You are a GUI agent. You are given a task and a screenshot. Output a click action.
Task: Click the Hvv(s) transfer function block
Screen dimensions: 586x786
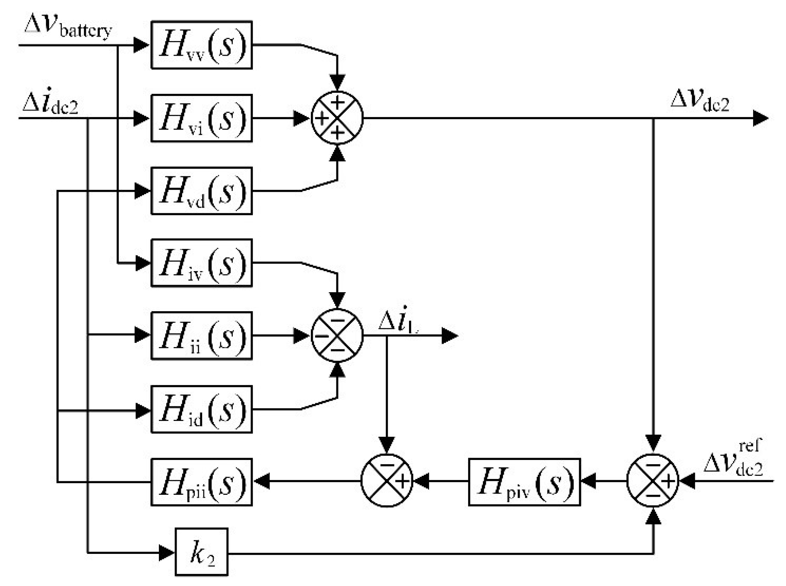point(201,45)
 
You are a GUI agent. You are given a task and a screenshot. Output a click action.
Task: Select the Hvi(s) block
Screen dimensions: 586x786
point(201,118)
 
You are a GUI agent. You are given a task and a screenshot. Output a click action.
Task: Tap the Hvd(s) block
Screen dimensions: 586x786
point(201,191)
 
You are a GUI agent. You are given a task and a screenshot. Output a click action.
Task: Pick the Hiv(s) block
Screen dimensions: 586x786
point(201,263)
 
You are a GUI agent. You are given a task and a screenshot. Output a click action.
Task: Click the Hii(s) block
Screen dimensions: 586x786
point(201,336)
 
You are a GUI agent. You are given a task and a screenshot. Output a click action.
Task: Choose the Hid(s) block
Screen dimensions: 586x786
point(201,409)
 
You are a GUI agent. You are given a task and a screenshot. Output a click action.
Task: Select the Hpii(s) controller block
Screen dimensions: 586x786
point(201,482)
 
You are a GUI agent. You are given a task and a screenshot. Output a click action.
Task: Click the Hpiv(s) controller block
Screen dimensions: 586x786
point(524,482)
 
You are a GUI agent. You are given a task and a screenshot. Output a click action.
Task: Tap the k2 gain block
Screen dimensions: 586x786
point(201,552)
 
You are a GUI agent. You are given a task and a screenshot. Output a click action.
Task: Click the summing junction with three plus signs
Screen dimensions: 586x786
point(337,118)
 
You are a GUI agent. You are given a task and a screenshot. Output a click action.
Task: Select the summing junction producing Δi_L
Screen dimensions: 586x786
point(337,336)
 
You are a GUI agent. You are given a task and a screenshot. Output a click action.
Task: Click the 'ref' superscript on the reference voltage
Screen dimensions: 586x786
point(750,446)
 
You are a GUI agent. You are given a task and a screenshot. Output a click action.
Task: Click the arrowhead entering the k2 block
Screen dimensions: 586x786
point(167,553)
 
